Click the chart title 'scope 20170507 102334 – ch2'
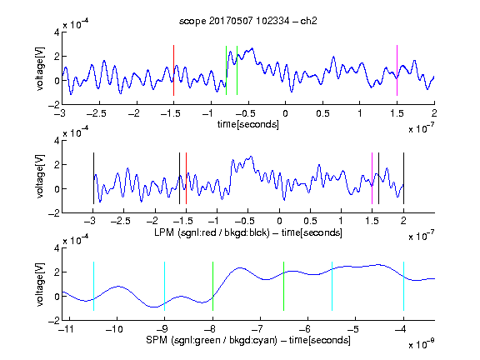tap(248, 21)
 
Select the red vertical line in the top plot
tap(173, 70)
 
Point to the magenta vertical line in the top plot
tap(397, 70)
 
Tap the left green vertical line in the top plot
tap(226, 70)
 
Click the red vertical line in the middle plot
tap(186, 178)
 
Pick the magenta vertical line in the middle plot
tap(372, 178)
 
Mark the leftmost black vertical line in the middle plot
tap(93, 178)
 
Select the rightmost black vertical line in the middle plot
tap(403, 178)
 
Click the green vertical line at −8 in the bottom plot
tap(212, 286)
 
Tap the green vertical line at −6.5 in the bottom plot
tap(284, 286)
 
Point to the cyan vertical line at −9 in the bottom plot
tap(165, 286)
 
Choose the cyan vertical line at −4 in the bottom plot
tap(403, 286)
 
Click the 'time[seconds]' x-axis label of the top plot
tap(248, 124)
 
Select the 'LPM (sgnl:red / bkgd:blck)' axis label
tap(212, 232)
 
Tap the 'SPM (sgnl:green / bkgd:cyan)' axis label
tap(212, 340)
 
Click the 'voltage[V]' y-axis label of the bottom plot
tap(40, 284)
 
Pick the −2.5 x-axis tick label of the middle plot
tap(120, 221)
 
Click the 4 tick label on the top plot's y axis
tap(57, 32)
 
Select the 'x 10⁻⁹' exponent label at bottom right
tap(422, 345)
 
